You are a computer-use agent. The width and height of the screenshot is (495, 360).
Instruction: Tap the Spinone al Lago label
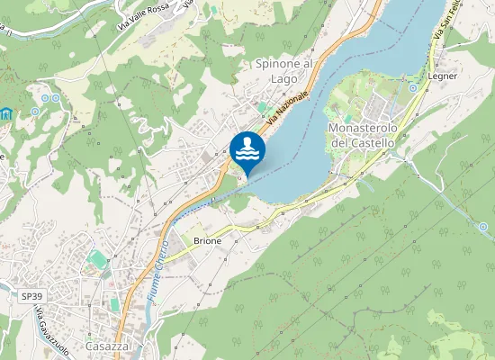click(x=283, y=71)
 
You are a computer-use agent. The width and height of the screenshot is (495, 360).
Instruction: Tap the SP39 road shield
click(x=32, y=295)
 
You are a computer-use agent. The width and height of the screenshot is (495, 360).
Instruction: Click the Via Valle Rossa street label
click(x=143, y=18)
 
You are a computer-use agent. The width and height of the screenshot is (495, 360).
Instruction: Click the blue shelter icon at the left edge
click(x=6, y=114)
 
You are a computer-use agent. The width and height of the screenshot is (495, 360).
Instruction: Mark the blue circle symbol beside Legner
click(x=413, y=88)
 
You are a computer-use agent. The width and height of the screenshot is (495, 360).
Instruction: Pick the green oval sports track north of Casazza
click(x=97, y=260)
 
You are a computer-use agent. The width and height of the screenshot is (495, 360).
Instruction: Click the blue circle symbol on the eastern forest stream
click(x=483, y=227)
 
